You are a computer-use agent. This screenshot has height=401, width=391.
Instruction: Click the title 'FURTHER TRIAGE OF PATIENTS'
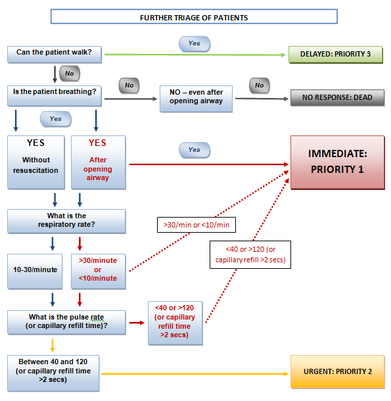194,17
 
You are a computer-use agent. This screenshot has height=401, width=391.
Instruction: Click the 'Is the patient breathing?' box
55,92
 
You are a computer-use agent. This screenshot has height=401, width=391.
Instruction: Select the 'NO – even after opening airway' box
197,97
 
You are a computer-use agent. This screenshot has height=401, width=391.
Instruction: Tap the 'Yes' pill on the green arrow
194,43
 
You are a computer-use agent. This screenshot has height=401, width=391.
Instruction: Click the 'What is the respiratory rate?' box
66,222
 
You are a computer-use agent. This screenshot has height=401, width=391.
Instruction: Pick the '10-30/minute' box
35,271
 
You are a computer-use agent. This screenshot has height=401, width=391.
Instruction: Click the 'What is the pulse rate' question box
66,322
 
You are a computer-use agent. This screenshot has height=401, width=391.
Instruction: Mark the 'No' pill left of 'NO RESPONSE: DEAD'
259,85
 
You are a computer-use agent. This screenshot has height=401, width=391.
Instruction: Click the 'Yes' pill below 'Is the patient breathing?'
55,119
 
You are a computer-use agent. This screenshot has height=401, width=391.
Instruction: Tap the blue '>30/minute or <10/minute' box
97,271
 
